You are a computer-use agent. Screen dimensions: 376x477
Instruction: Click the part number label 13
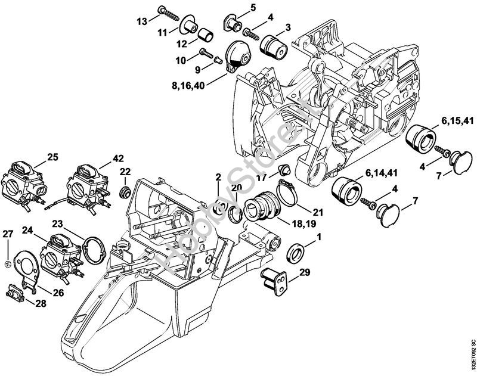coord(141,22)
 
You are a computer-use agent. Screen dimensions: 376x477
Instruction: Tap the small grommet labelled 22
coord(125,193)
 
